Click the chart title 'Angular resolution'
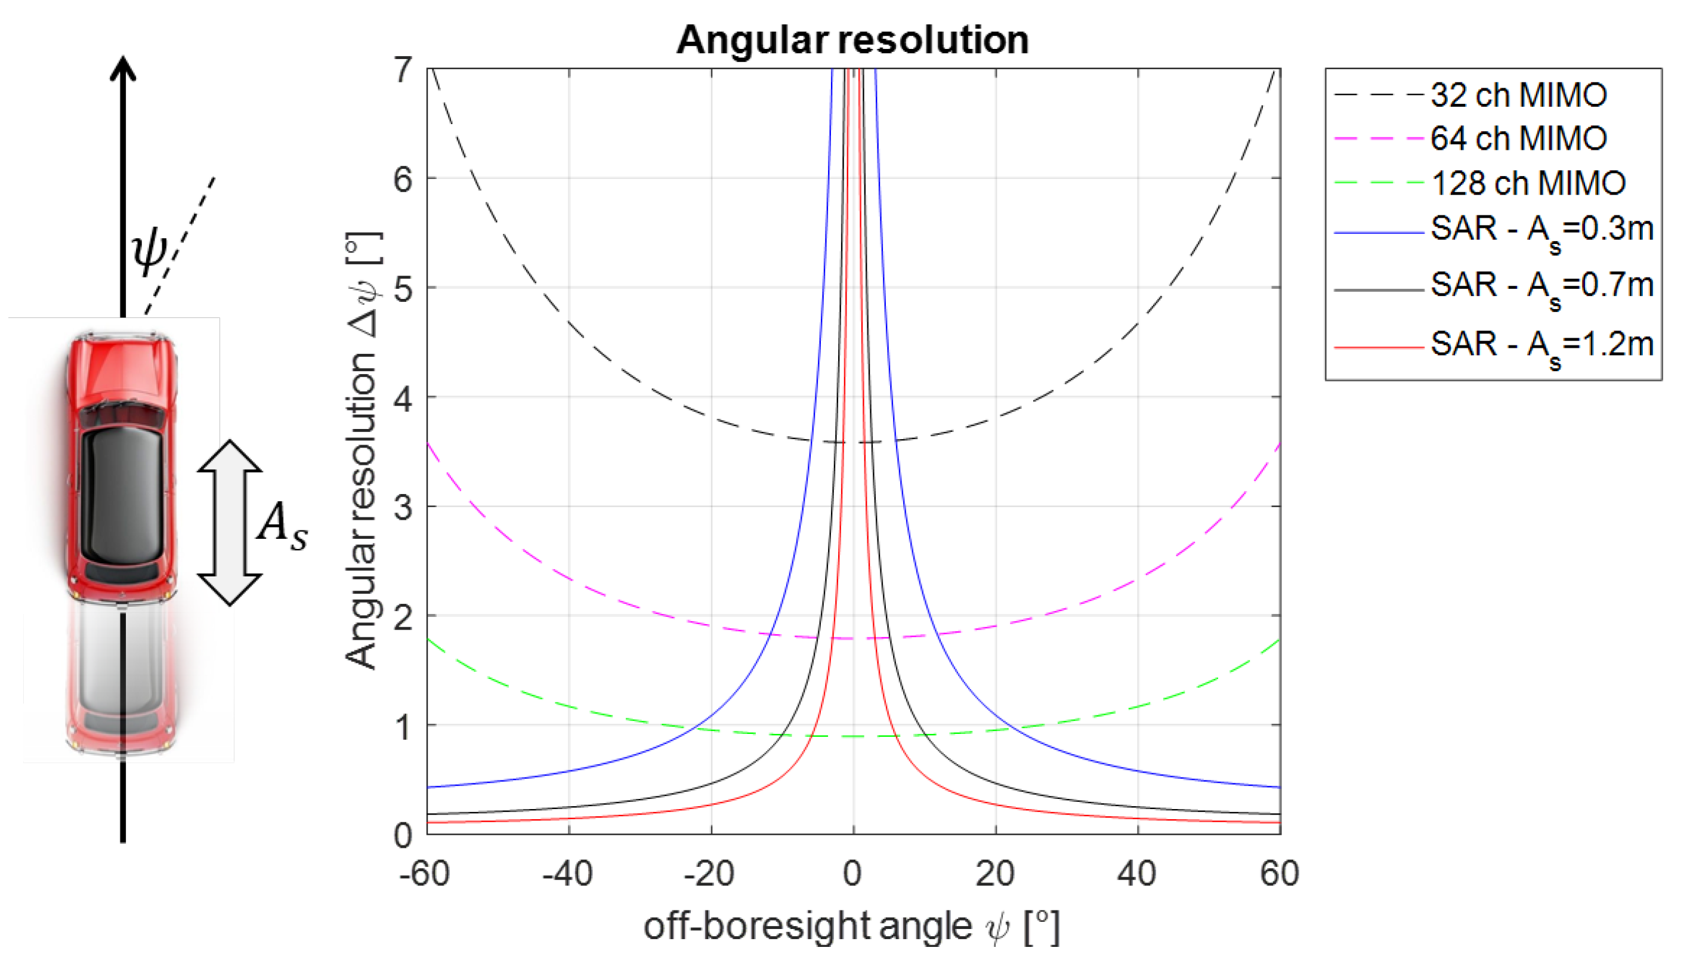(852, 40)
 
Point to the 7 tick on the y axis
(403, 70)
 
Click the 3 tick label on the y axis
(403, 507)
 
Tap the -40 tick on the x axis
(568, 874)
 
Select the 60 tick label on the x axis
(1279, 874)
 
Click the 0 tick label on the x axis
(852, 874)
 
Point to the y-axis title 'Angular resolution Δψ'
(362, 451)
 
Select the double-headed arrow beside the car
(230, 522)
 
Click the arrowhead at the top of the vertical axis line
(123, 66)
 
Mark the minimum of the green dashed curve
(852, 736)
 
